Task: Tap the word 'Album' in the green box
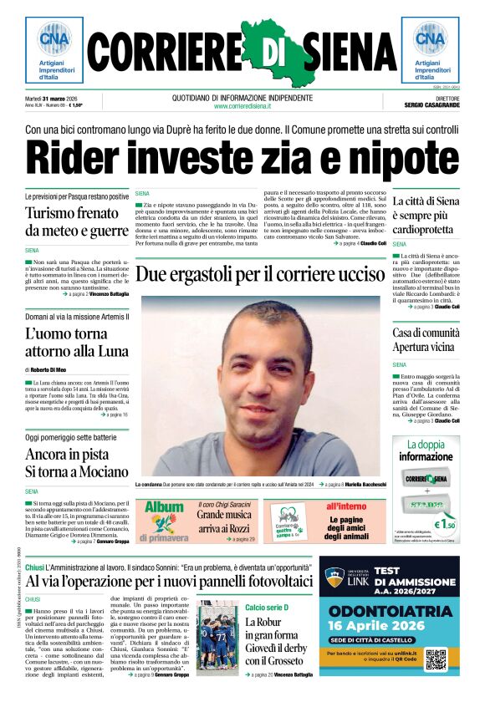tap(165, 506)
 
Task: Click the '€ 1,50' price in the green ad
tap(443, 525)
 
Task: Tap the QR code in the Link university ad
tap(436, 659)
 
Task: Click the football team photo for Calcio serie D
tap(217, 638)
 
